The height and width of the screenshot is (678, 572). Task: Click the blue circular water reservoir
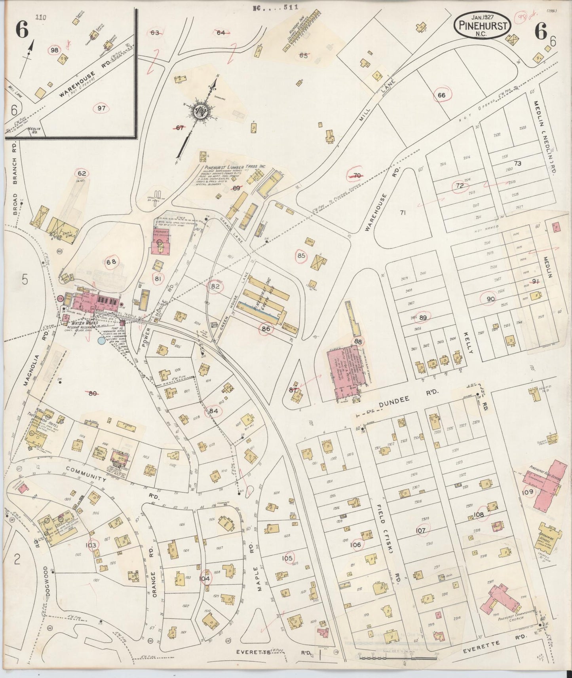[x=102, y=340]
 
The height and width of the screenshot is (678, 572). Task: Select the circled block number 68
[x=111, y=262]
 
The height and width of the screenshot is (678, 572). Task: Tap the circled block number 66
[x=441, y=95]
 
